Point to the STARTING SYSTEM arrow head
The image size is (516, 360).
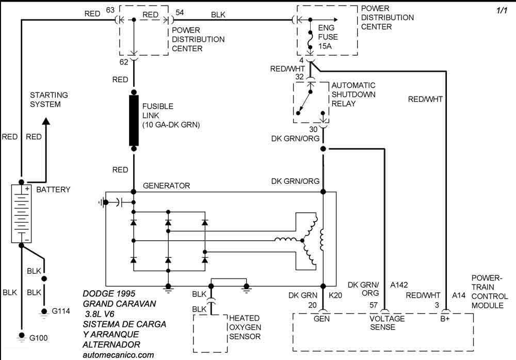tap(46, 121)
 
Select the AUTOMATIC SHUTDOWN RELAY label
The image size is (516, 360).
tap(353, 95)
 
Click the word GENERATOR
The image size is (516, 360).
tap(166, 185)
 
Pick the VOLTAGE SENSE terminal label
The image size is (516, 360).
tap(386, 323)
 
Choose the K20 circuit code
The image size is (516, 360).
tap(335, 295)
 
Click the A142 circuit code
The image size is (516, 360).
tap(399, 285)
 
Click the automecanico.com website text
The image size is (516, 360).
tap(118, 355)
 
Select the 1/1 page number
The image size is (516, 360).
tap(502, 10)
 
